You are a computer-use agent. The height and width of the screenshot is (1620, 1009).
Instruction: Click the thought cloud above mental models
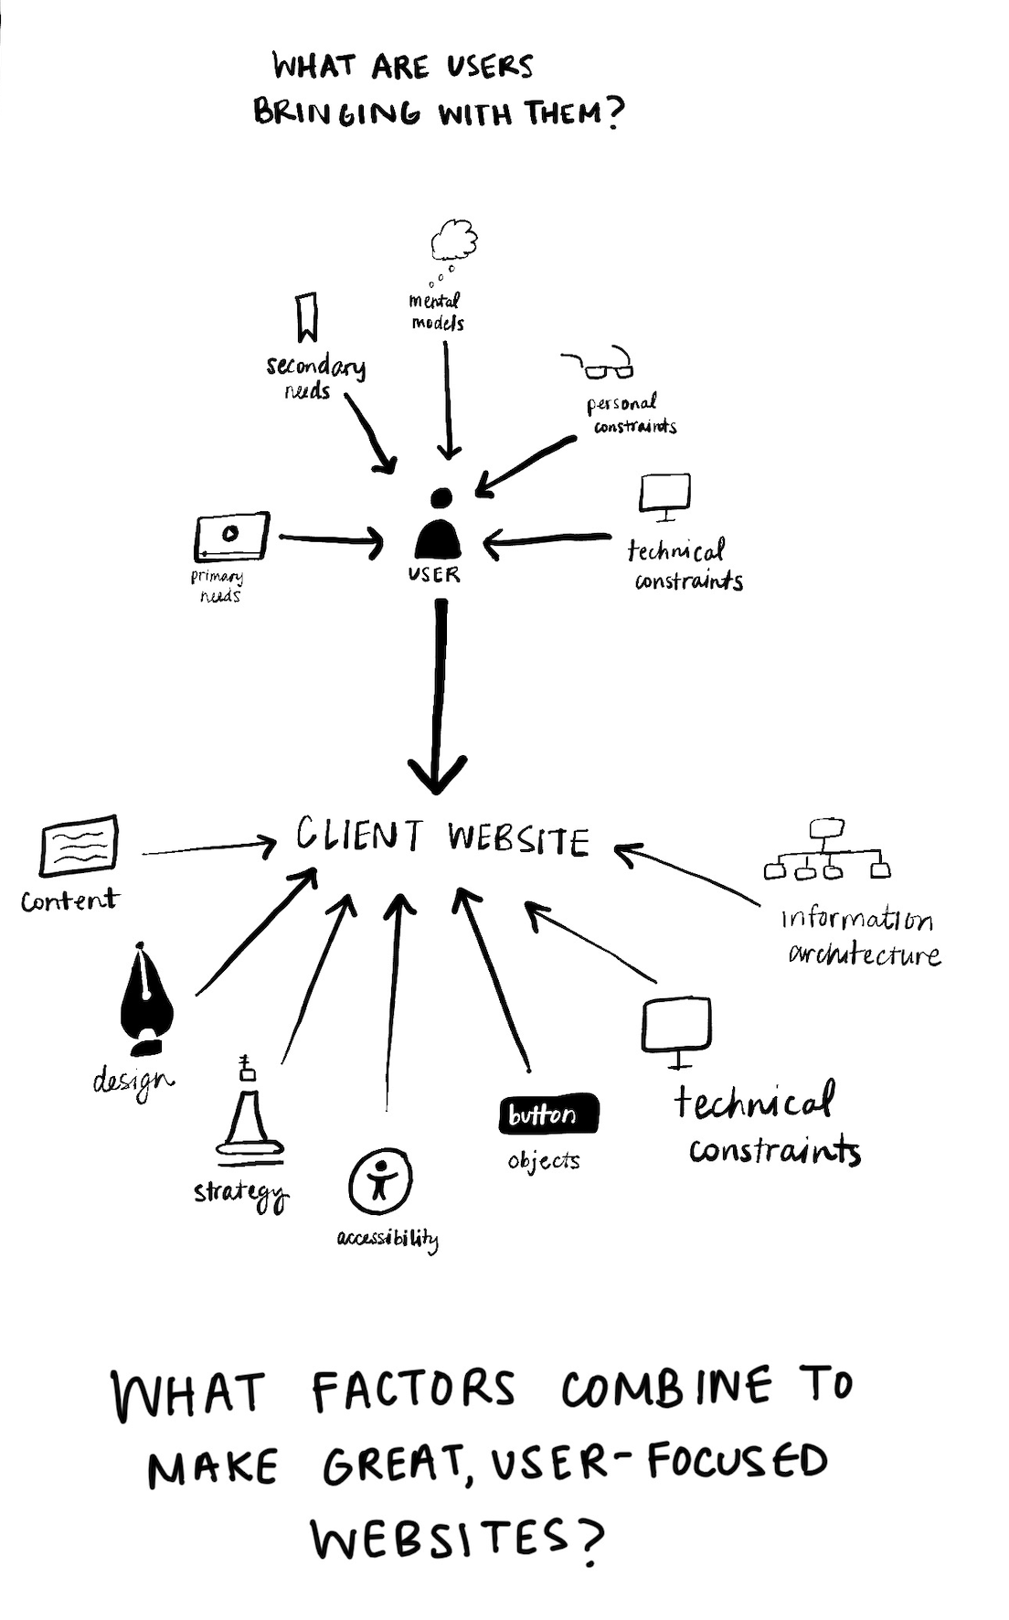[x=454, y=240]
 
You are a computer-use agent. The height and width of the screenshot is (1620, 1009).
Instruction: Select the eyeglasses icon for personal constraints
[x=603, y=365]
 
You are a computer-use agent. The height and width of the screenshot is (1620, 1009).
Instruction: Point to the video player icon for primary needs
[x=231, y=536]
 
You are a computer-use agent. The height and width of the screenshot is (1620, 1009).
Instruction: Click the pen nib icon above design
[x=146, y=999]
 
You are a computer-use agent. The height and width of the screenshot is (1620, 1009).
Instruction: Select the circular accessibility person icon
[x=380, y=1181]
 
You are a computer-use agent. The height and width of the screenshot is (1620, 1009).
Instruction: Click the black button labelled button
[x=548, y=1114]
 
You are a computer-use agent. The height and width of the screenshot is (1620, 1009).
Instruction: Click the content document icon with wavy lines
[x=80, y=846]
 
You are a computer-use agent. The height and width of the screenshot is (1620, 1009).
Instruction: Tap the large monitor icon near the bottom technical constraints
[x=677, y=1028]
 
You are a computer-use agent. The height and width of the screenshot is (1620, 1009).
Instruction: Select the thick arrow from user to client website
[x=439, y=695]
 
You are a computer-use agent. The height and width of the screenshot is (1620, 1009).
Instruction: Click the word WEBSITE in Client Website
[x=518, y=839]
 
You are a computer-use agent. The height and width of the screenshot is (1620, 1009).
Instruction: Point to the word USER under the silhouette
[x=435, y=575]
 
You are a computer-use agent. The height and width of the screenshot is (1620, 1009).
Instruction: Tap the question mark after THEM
[x=614, y=114]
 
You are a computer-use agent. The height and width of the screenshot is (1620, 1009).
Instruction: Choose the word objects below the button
[x=544, y=1161]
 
